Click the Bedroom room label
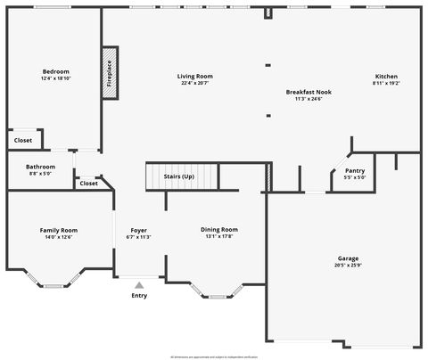tap(55, 71)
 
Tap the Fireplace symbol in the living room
tap(110, 73)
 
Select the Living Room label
tap(195, 77)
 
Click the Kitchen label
tap(386, 77)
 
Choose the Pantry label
tap(355, 170)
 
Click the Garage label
tap(348, 258)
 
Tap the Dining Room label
tap(218, 229)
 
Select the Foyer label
tap(139, 230)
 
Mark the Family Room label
tap(58, 230)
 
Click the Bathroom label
tap(40, 167)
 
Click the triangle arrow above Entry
tap(139, 285)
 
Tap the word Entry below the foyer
tap(139, 296)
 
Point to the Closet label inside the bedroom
tap(23, 140)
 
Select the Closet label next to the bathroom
tap(88, 184)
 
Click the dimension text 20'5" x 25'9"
tap(348, 266)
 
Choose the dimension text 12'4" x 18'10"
tap(55, 78)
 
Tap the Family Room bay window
tap(55, 284)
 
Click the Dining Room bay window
tap(217, 294)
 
